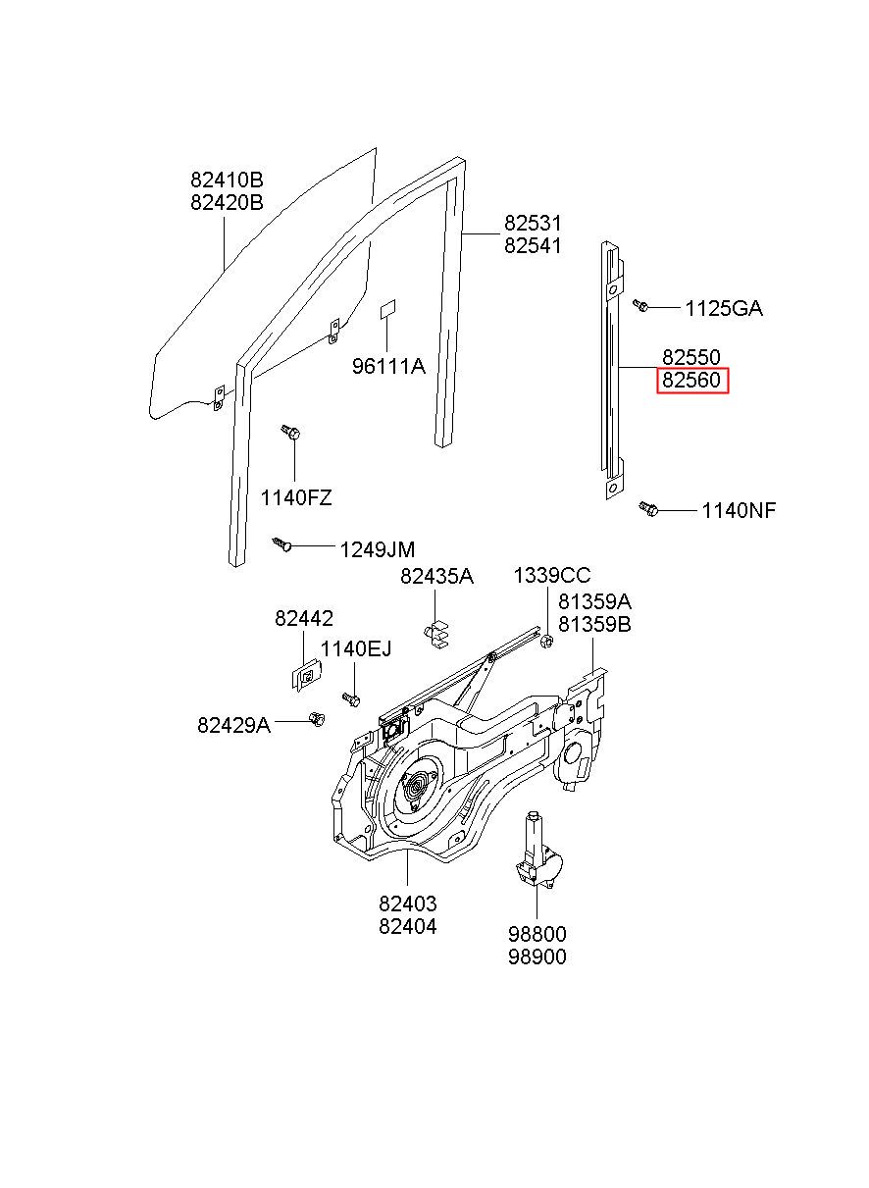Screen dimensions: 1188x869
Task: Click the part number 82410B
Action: click(227, 181)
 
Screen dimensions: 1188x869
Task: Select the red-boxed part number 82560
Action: click(691, 380)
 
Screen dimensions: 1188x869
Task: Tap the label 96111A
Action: click(388, 367)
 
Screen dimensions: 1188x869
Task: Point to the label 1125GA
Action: click(723, 309)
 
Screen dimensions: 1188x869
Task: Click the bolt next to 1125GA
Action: click(640, 305)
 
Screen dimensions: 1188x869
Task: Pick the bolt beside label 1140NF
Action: click(648, 508)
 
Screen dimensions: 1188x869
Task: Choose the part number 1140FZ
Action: click(295, 498)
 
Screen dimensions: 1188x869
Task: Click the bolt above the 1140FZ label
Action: click(290, 432)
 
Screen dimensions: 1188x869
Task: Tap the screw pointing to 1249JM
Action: click(282, 542)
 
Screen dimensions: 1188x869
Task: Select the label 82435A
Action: click(436, 577)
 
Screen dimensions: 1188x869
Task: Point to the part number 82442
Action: click(304, 619)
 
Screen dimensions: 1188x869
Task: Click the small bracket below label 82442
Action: click(307, 675)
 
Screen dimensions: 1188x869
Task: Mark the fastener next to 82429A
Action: click(317, 719)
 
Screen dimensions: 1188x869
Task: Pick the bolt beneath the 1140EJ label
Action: click(352, 697)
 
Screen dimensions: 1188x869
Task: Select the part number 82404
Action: click(408, 926)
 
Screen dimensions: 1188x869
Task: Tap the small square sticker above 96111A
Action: click(388, 308)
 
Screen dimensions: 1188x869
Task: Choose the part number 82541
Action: click(533, 245)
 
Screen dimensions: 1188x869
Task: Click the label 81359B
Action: click(594, 624)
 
